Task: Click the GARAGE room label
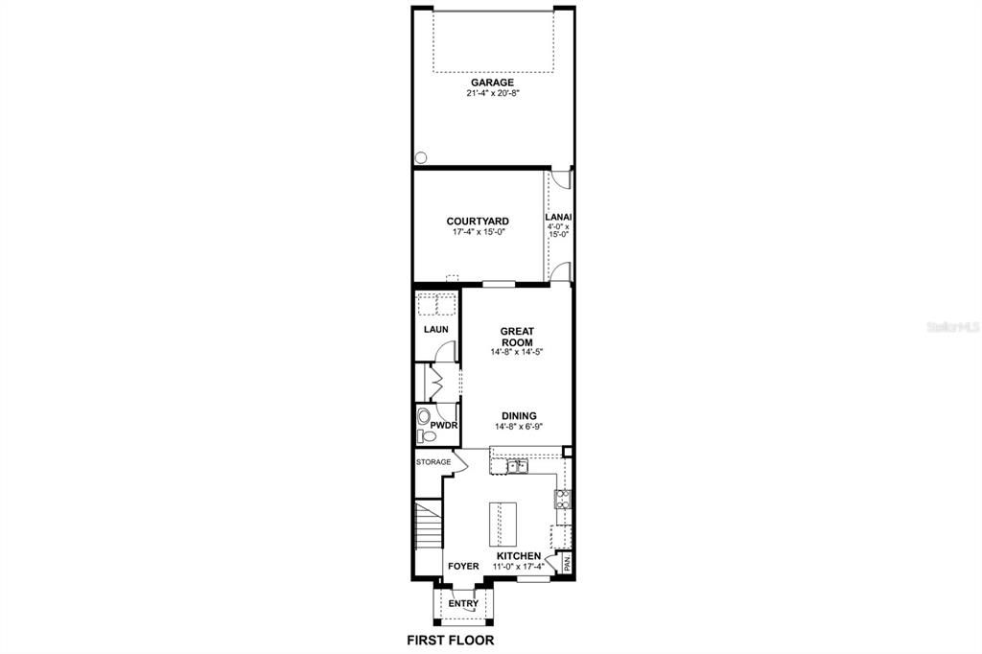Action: tap(492, 83)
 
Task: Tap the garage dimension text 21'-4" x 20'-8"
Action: tap(492, 94)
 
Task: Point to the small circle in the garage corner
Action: tap(419, 158)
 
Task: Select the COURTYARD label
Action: tap(478, 222)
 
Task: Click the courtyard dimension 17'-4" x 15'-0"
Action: tap(478, 232)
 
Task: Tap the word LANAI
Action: tap(559, 218)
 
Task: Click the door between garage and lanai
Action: tap(564, 178)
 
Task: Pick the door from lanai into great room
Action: tap(563, 272)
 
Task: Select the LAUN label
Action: tap(436, 330)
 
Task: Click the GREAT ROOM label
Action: tap(517, 337)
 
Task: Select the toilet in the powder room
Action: tap(426, 427)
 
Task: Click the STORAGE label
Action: tap(433, 462)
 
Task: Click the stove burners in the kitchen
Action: tap(563, 498)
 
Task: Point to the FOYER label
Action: tap(463, 567)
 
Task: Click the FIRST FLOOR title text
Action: tap(451, 640)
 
